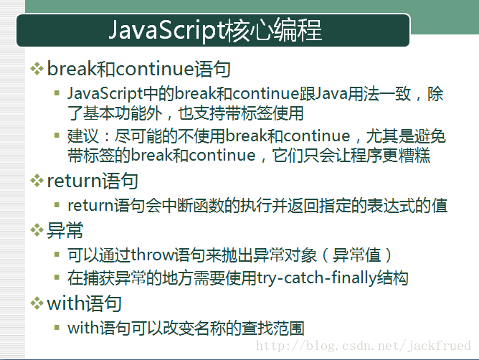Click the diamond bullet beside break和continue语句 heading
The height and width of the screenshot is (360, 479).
(x=37, y=69)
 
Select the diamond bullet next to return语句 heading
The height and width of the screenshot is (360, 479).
(x=37, y=181)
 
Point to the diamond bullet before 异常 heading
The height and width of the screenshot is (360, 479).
(x=37, y=230)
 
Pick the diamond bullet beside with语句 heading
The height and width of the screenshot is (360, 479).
(x=37, y=303)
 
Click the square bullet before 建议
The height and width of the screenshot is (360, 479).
(x=57, y=135)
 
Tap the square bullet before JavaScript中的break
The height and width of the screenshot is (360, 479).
(x=57, y=93)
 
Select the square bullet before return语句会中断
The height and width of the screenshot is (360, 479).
(x=57, y=204)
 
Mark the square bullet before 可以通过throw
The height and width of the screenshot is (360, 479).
(x=57, y=255)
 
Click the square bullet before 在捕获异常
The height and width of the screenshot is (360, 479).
(x=57, y=278)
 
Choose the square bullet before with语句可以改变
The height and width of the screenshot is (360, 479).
(x=57, y=328)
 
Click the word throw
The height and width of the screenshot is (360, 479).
(x=153, y=255)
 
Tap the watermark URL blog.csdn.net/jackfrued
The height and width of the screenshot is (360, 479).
(x=364, y=346)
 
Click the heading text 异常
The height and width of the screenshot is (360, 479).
(x=65, y=230)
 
